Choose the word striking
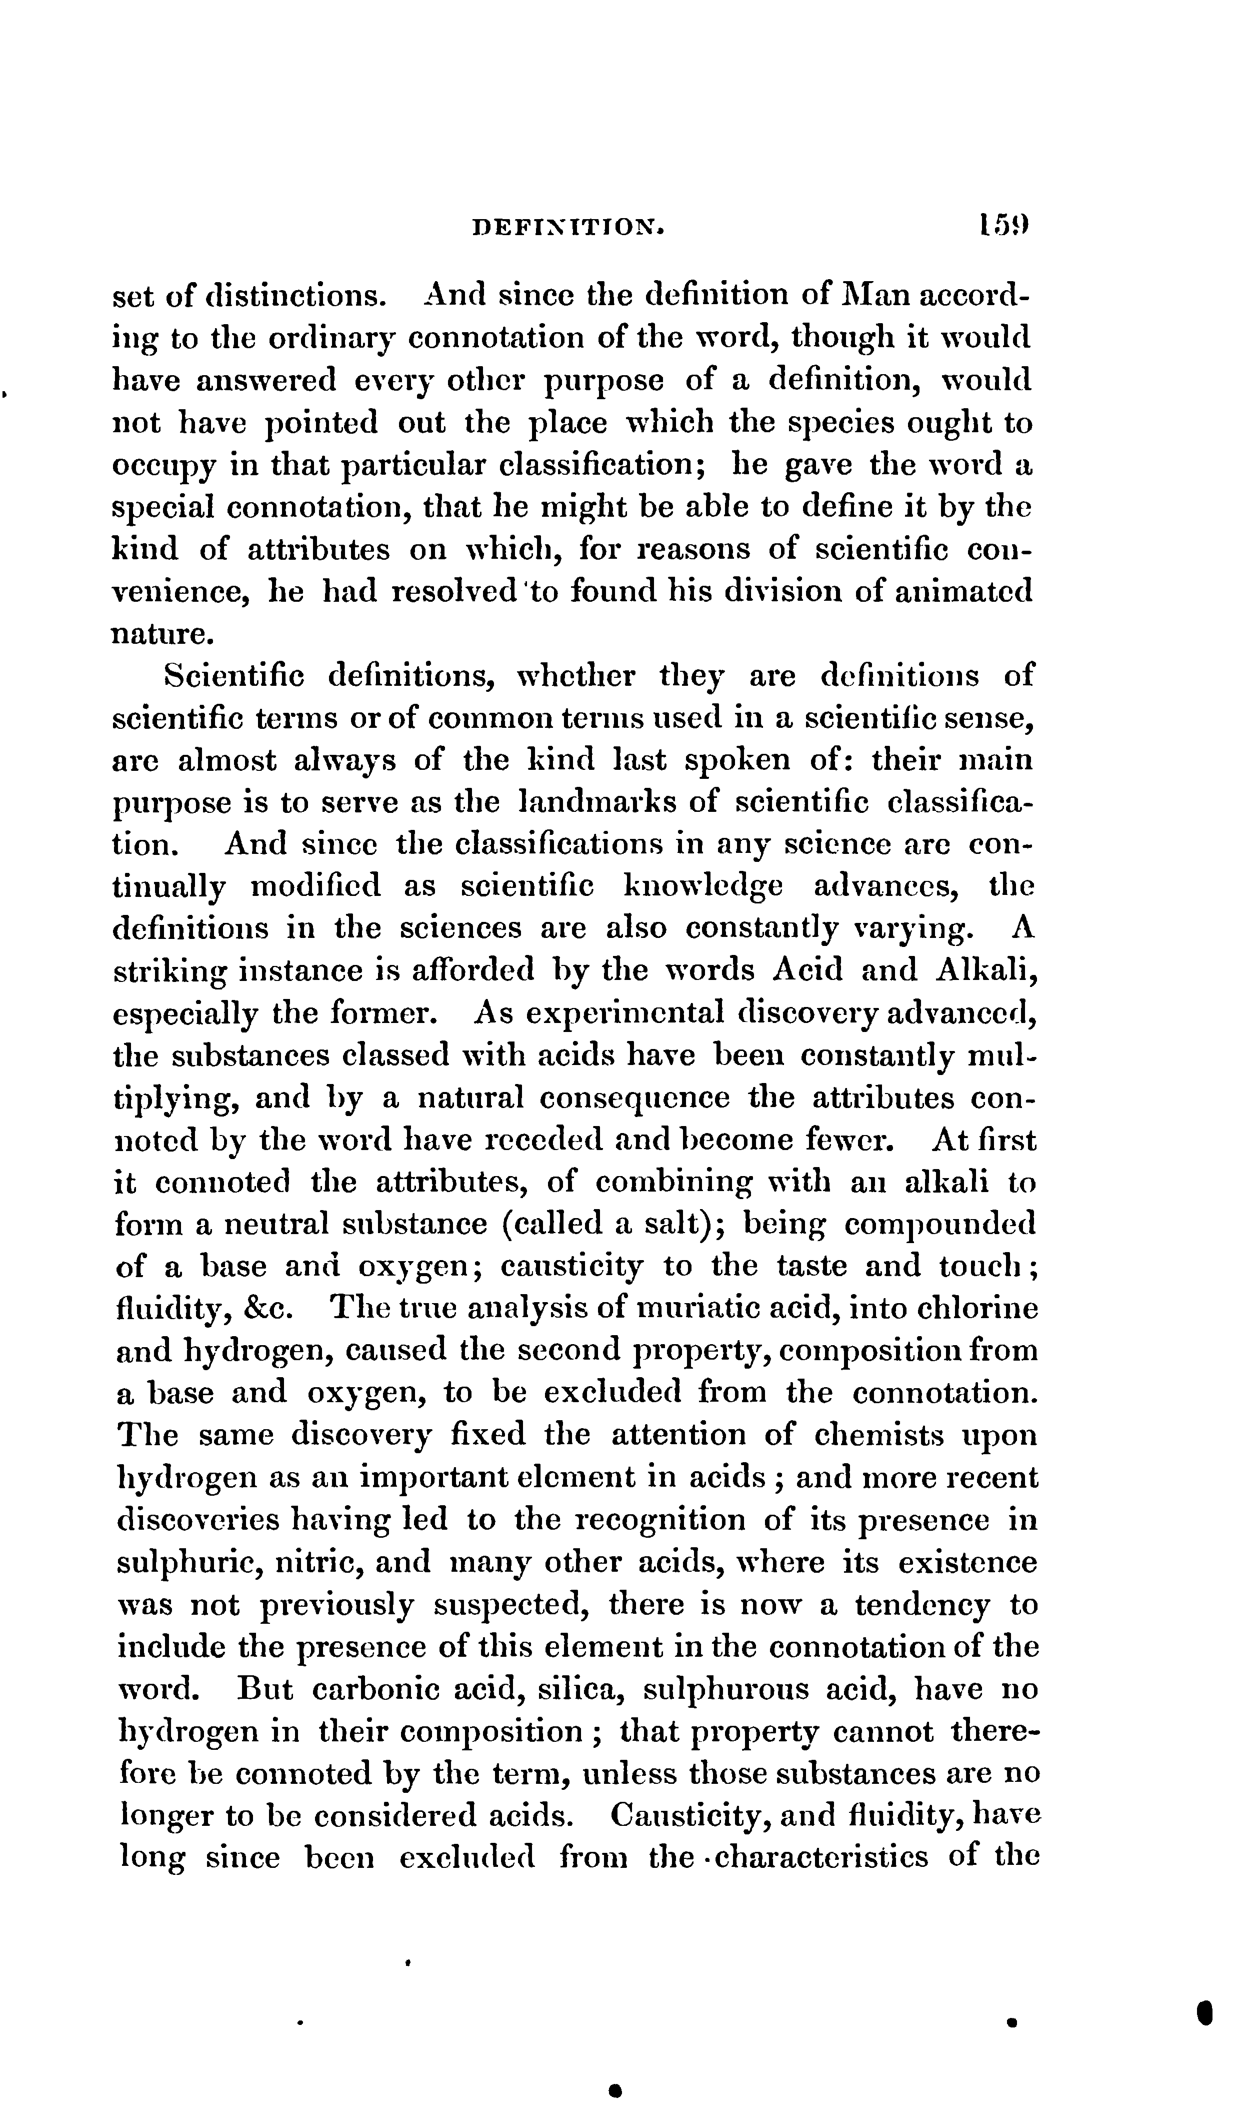click(x=169, y=972)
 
